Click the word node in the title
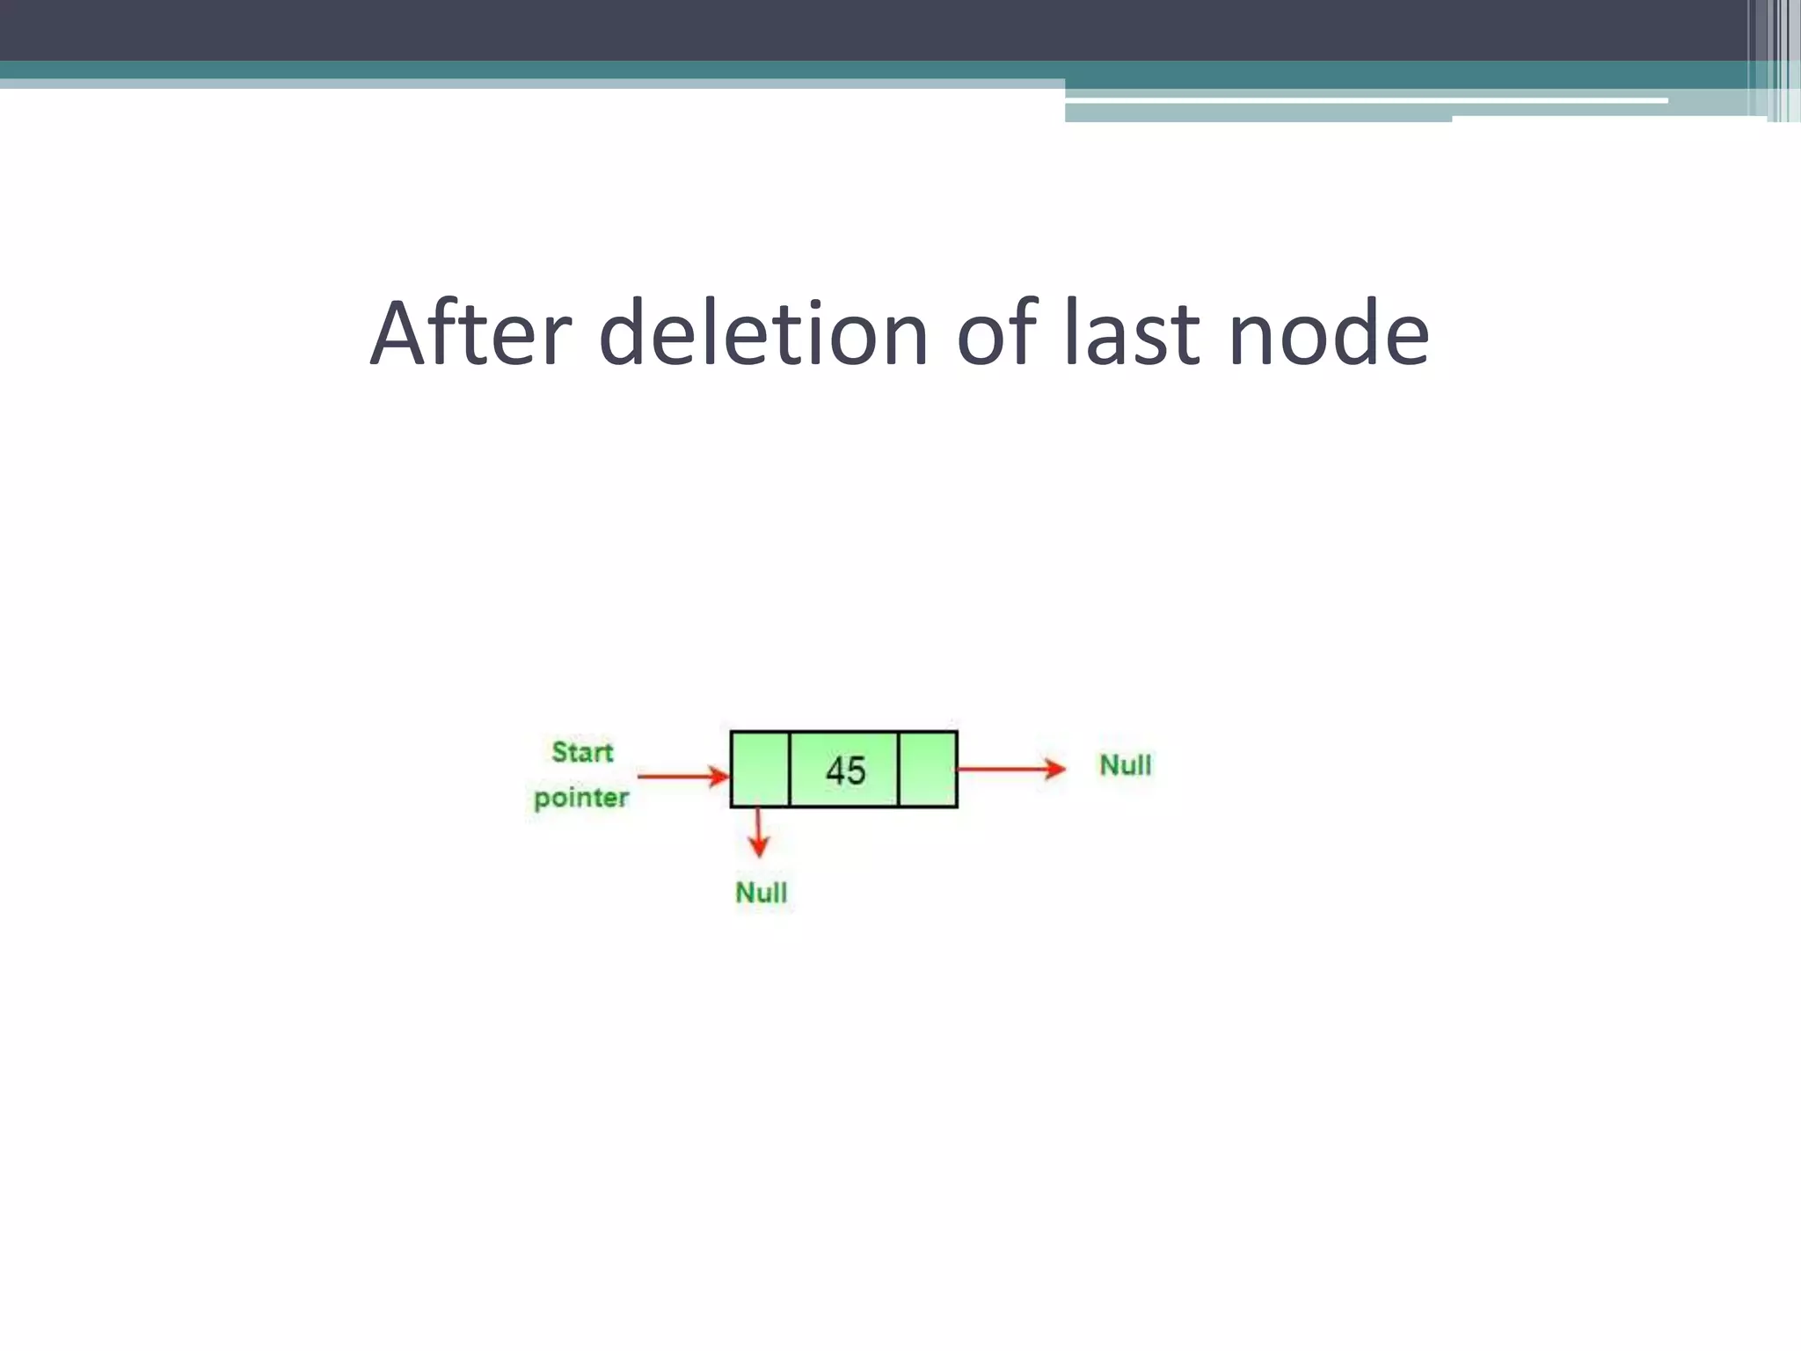1328,335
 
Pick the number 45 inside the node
845,770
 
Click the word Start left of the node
582,752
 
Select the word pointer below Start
581,798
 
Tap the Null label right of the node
1125,765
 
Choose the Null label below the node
761,893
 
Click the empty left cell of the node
761,769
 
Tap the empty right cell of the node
928,769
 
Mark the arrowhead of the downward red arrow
758,847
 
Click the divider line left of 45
790,769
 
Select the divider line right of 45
899,769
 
